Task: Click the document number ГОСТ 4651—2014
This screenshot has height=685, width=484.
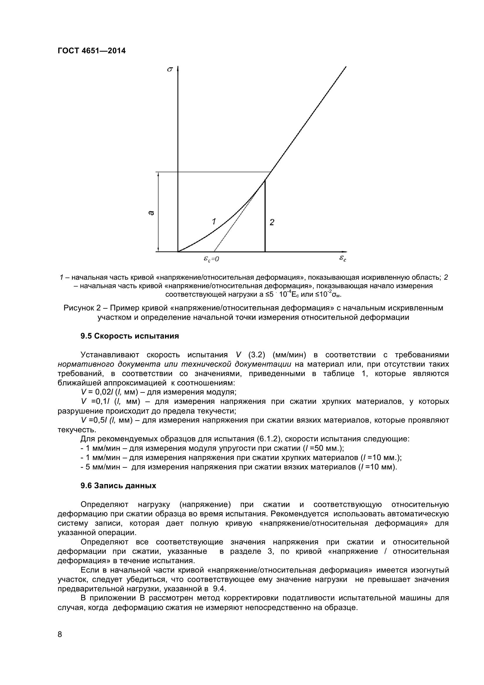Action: (92, 51)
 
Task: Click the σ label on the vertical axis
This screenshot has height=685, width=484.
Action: (170, 69)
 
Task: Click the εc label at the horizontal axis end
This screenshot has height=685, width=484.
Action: (343, 258)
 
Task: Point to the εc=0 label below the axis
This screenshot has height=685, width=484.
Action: (211, 259)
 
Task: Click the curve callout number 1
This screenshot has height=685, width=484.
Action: (214, 221)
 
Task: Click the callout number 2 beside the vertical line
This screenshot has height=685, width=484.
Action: (272, 222)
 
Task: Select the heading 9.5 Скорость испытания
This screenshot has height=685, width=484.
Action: (130, 336)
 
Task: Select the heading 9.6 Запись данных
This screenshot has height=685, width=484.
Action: (118, 486)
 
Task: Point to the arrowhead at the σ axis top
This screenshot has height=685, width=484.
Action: (178, 69)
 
